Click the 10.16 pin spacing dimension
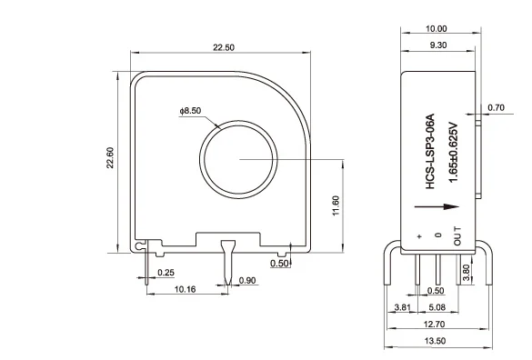pyautogui.click(x=186, y=290)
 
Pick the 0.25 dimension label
pyautogui.click(x=166, y=272)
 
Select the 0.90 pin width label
pyautogui.click(x=246, y=280)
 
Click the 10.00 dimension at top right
pyautogui.click(x=437, y=27)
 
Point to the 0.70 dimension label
pyautogui.click(x=496, y=107)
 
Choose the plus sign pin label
pyautogui.click(x=419, y=237)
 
